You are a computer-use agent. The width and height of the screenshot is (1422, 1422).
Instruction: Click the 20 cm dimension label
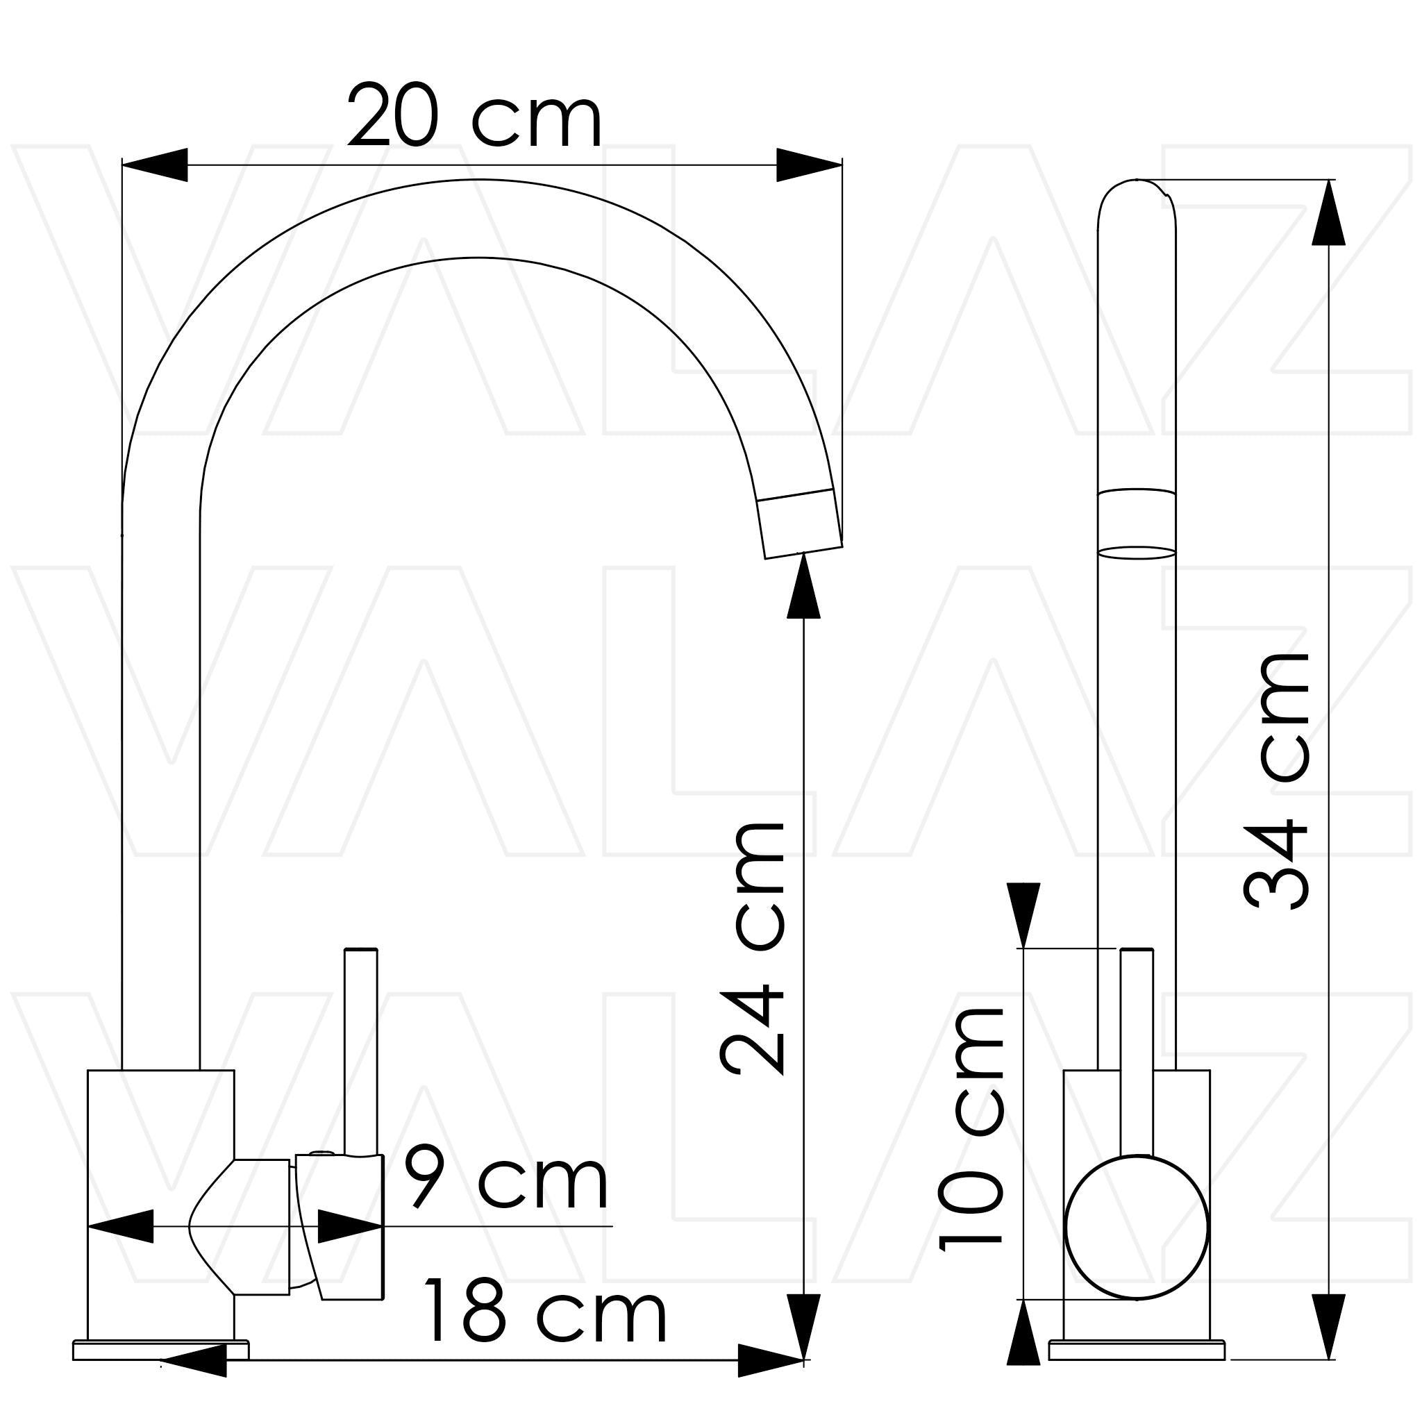pyautogui.click(x=475, y=115)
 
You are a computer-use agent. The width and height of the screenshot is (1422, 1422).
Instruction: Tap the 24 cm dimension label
pyautogui.click(x=752, y=948)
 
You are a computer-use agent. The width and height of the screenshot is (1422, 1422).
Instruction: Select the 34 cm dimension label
pyautogui.click(x=1277, y=781)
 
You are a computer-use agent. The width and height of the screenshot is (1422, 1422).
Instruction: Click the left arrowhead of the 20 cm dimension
pyautogui.click(x=155, y=165)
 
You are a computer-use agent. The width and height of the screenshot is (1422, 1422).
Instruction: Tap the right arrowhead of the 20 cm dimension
pyautogui.click(x=809, y=165)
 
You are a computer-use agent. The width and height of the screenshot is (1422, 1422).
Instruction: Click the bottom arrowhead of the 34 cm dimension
pyautogui.click(x=1328, y=1326)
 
